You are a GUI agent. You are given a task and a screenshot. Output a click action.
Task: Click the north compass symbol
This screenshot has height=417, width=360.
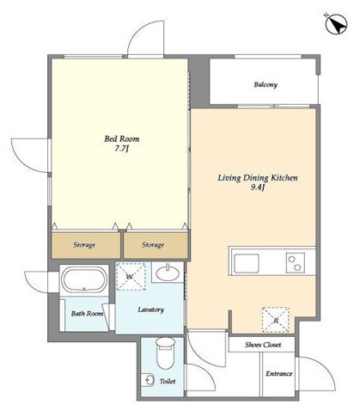(337, 24)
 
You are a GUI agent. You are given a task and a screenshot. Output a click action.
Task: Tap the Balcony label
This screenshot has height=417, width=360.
(265, 84)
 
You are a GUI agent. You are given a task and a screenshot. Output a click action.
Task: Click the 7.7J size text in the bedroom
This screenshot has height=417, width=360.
(122, 149)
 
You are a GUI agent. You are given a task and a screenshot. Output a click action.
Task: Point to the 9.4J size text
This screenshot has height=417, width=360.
(258, 188)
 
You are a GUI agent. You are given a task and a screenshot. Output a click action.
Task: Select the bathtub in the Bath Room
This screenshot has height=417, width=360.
(84, 279)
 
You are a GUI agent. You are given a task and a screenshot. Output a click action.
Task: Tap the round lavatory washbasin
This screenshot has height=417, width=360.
(168, 273)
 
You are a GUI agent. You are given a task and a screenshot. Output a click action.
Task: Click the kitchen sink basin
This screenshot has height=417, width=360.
(247, 263)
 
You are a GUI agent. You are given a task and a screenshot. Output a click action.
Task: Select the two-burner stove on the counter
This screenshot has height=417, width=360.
(296, 263)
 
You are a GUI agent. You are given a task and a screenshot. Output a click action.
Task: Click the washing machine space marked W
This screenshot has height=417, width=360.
(131, 277)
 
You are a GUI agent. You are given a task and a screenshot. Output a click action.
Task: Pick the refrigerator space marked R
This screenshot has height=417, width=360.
(276, 320)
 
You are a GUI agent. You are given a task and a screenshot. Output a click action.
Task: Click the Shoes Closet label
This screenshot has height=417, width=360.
(263, 345)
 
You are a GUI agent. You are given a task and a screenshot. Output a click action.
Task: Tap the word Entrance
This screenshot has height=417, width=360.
(279, 374)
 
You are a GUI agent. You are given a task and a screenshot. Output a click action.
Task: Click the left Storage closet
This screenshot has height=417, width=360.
(86, 245)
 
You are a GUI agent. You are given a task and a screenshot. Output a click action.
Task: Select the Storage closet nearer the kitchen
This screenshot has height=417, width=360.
(156, 245)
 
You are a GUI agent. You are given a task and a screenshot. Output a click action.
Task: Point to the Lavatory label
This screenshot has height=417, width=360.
(151, 310)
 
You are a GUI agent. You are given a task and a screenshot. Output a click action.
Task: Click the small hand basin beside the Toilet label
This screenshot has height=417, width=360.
(148, 380)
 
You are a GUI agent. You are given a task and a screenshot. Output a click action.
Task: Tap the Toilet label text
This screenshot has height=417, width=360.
(168, 381)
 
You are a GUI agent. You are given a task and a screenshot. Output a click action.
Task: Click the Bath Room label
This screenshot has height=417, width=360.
(87, 314)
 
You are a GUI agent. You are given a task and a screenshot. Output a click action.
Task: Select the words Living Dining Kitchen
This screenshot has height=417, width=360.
(258, 178)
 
